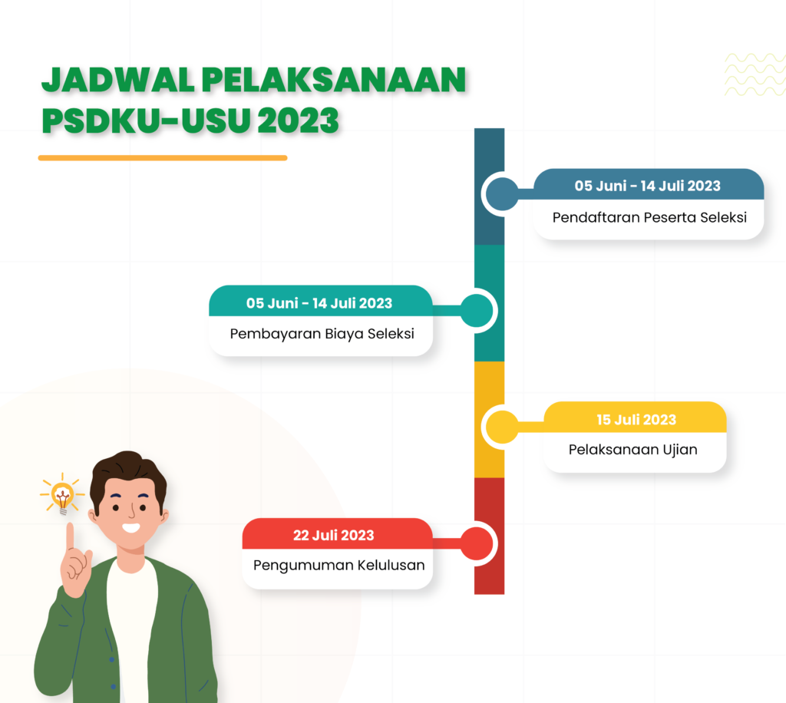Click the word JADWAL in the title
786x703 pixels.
117,80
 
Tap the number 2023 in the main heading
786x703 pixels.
299,120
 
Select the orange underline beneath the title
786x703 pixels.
163,158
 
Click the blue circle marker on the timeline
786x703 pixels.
502,194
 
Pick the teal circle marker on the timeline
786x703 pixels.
477,311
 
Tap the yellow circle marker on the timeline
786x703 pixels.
502,427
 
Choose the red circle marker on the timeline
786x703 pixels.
477,543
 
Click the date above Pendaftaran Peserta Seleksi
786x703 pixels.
647,186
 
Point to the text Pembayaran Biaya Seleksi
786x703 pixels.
322,334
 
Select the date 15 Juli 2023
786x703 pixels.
636,419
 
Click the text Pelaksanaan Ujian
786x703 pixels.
632,450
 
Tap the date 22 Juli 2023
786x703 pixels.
333,535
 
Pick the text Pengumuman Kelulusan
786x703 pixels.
339,565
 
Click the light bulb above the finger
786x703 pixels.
62,496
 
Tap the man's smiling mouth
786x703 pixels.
130,527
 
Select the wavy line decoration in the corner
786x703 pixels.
755,74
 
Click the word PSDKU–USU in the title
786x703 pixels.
145,120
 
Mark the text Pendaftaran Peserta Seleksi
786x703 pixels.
649,217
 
